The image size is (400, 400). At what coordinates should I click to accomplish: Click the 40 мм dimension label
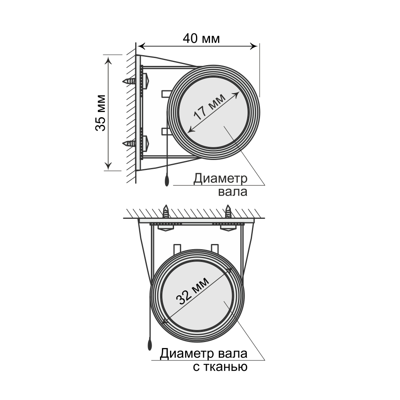tap(201, 38)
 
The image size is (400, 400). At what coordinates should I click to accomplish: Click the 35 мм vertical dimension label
tap(100, 113)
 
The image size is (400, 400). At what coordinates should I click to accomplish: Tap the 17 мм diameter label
tap(210, 107)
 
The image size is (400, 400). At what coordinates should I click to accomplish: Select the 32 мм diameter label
tap(193, 291)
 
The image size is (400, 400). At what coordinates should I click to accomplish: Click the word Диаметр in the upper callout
tap(220, 179)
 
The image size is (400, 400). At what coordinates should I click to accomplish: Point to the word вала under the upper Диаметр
tap(233, 192)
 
